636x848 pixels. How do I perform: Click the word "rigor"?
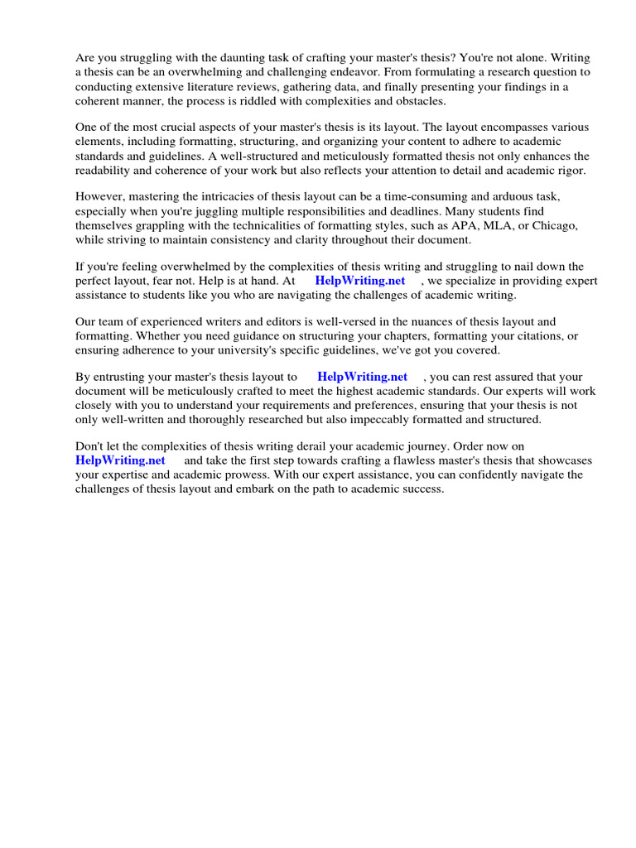571,170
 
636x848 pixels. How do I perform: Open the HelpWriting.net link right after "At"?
360,281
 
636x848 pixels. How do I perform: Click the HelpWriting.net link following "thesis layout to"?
363,377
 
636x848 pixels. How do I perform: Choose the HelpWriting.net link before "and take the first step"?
120,460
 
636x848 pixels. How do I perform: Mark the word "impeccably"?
366,419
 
